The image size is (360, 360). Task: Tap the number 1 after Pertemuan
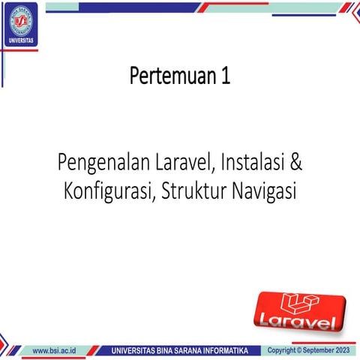coord(225,76)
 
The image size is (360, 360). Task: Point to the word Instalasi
coord(253,162)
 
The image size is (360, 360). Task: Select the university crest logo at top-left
coord(20,21)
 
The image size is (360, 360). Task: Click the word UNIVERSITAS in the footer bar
coord(137,350)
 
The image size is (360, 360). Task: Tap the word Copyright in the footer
coord(283,350)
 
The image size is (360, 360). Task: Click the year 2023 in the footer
coord(341,350)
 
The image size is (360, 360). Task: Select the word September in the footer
coord(318,350)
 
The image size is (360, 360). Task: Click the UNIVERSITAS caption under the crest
coord(20,40)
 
